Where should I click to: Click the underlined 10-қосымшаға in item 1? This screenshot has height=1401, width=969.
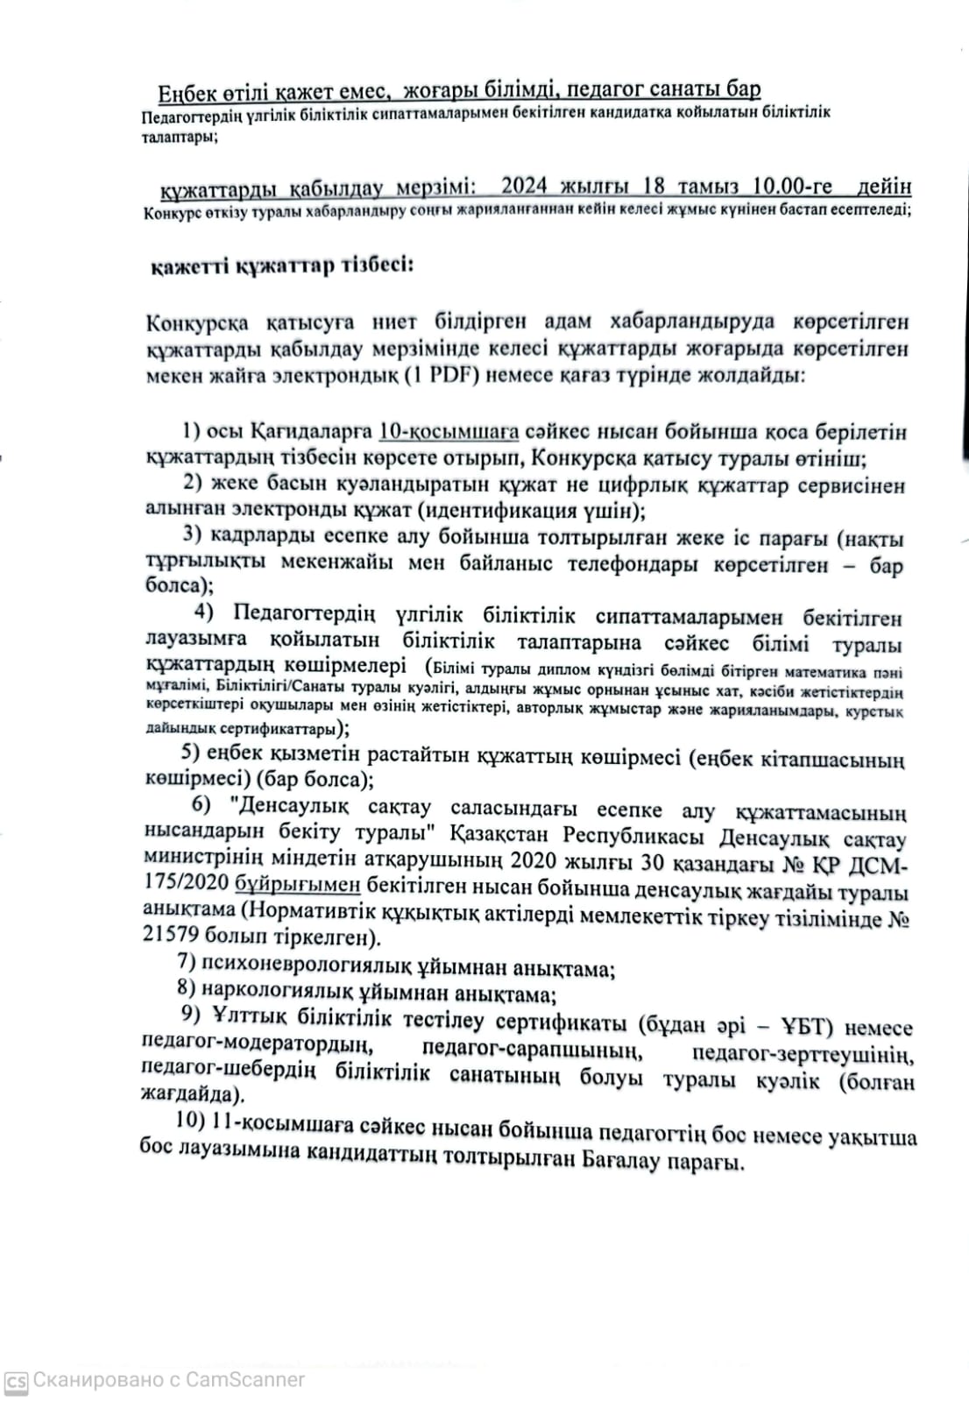click(x=449, y=432)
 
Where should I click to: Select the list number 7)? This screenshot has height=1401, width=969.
click(x=186, y=963)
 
